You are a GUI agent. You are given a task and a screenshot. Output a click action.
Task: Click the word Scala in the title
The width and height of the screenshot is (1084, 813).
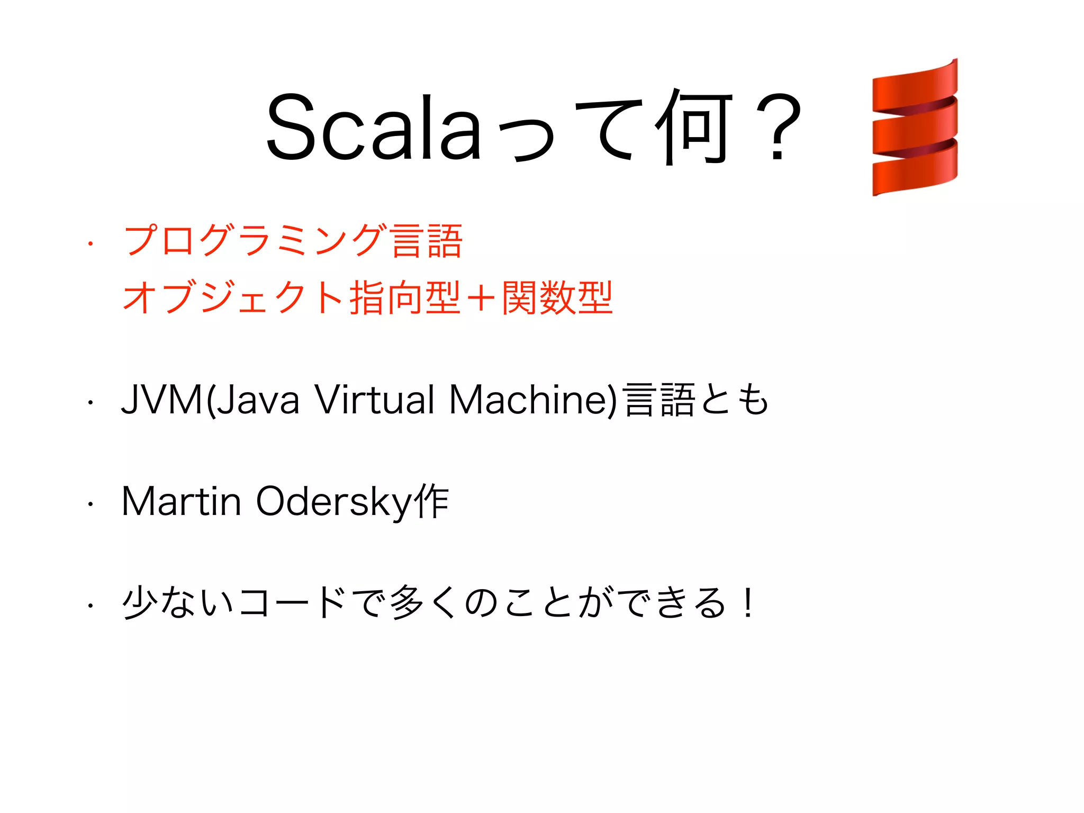click(373, 127)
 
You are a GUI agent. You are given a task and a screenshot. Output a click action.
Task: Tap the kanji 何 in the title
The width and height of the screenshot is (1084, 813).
click(693, 127)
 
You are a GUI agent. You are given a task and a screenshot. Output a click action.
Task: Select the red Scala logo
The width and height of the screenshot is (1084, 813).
click(915, 128)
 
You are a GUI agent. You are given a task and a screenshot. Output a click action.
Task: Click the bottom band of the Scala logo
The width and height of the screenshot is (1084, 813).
click(915, 172)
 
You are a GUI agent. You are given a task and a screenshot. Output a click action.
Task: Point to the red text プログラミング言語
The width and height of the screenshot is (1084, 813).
click(293, 241)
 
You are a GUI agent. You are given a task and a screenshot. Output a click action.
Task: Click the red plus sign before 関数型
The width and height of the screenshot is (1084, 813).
click(481, 298)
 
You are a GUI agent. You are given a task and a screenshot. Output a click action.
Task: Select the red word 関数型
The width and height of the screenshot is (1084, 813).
click(557, 298)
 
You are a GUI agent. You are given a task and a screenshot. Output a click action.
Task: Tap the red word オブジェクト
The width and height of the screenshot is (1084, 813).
click(233, 298)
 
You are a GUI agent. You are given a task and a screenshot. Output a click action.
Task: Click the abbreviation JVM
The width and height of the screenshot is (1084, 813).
click(162, 400)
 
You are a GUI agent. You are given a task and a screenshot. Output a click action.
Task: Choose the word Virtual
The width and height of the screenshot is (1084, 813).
click(375, 400)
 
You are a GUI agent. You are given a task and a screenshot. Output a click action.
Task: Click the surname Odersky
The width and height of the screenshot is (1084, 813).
click(333, 501)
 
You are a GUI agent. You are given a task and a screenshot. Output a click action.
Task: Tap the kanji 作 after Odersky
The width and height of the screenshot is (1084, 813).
click(432, 501)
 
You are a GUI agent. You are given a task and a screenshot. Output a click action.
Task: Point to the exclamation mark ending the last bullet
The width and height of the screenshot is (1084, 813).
click(747, 603)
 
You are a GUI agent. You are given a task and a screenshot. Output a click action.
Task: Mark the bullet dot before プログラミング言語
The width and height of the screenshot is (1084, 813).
click(91, 244)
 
